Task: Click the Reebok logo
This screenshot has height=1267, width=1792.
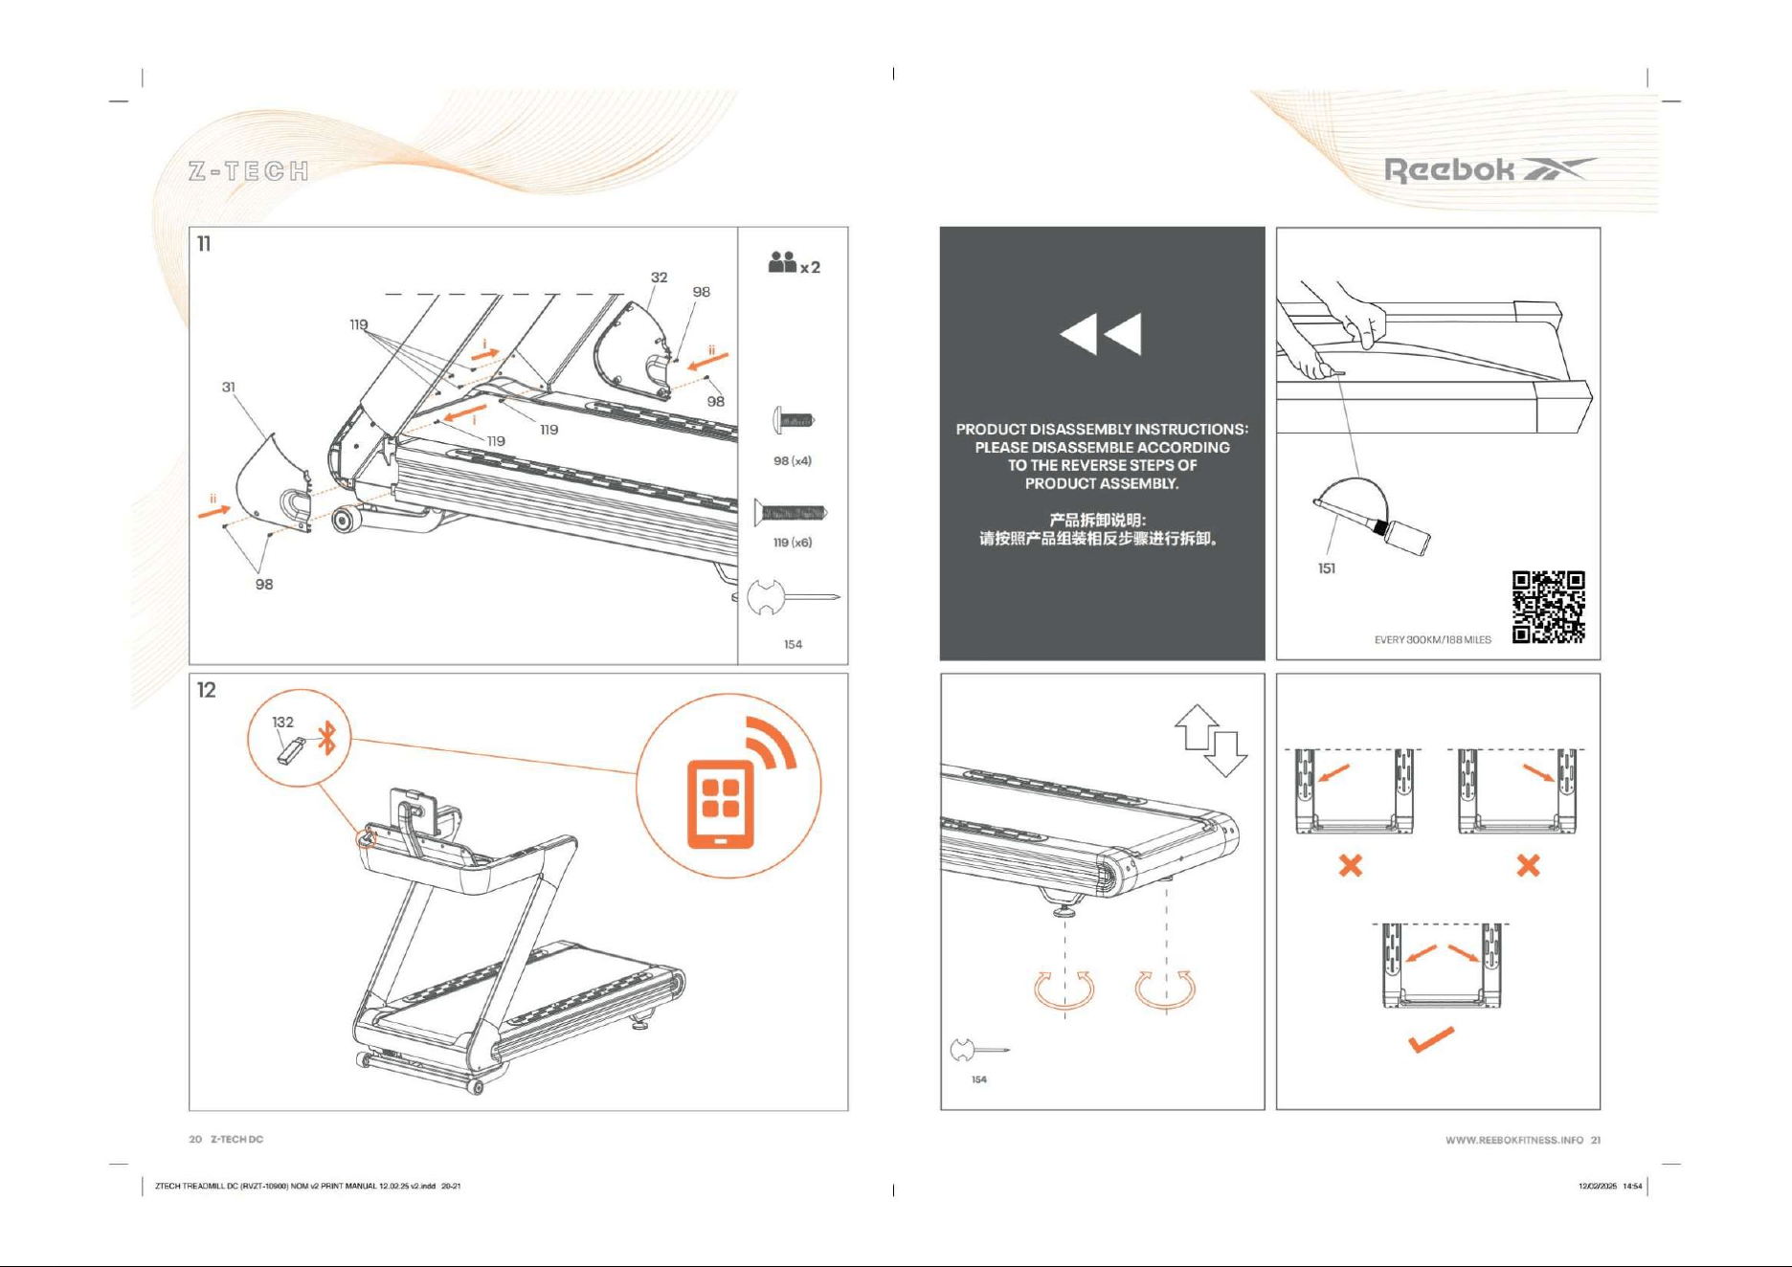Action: click(1490, 170)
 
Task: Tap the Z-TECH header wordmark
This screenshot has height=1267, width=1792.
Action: click(249, 171)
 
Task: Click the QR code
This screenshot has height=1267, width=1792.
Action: click(1548, 607)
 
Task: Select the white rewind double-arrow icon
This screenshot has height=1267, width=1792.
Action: click(1101, 334)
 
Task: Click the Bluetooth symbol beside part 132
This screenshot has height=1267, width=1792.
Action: click(328, 738)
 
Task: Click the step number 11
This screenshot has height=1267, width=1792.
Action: click(204, 244)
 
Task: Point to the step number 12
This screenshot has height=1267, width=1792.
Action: click(207, 690)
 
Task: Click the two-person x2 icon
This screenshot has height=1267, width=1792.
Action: click(794, 263)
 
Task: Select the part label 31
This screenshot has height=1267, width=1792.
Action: click(229, 387)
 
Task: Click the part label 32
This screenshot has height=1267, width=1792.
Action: click(660, 277)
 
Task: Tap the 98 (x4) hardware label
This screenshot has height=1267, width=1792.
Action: click(793, 460)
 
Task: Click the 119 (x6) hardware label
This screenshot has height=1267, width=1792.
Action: click(793, 542)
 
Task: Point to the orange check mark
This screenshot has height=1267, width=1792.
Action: click(1431, 1039)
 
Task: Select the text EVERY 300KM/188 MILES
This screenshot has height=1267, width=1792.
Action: click(1433, 639)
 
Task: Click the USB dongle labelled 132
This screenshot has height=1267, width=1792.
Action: click(291, 750)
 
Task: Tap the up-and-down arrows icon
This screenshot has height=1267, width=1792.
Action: click(1211, 740)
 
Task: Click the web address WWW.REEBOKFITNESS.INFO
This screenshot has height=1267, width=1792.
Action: click(1514, 1140)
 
